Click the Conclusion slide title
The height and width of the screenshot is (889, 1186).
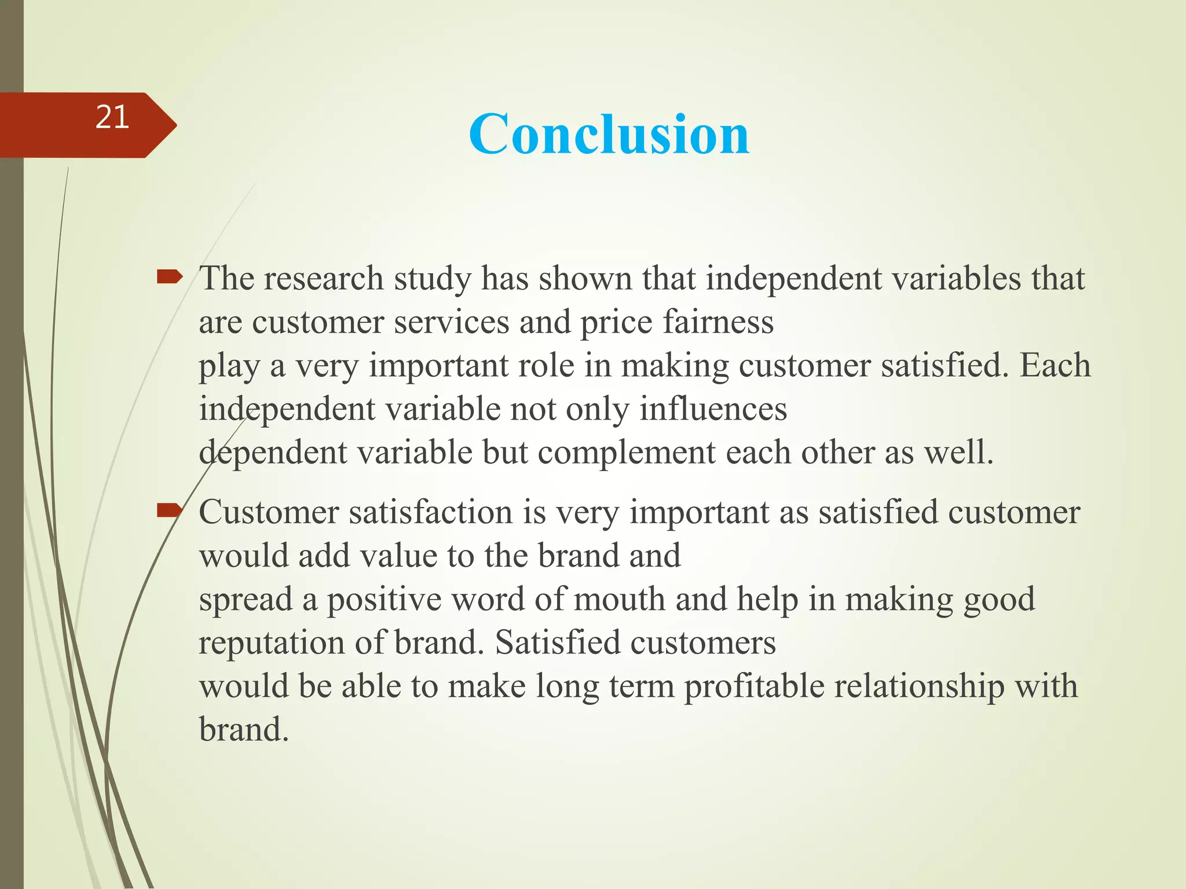coord(609,134)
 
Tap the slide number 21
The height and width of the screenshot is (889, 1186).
coord(112,117)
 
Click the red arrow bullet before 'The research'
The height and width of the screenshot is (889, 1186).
coord(169,278)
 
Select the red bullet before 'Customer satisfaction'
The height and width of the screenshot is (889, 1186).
coord(169,510)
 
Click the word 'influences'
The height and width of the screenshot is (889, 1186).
coord(713,409)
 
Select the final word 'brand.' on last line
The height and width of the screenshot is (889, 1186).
coord(243,730)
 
